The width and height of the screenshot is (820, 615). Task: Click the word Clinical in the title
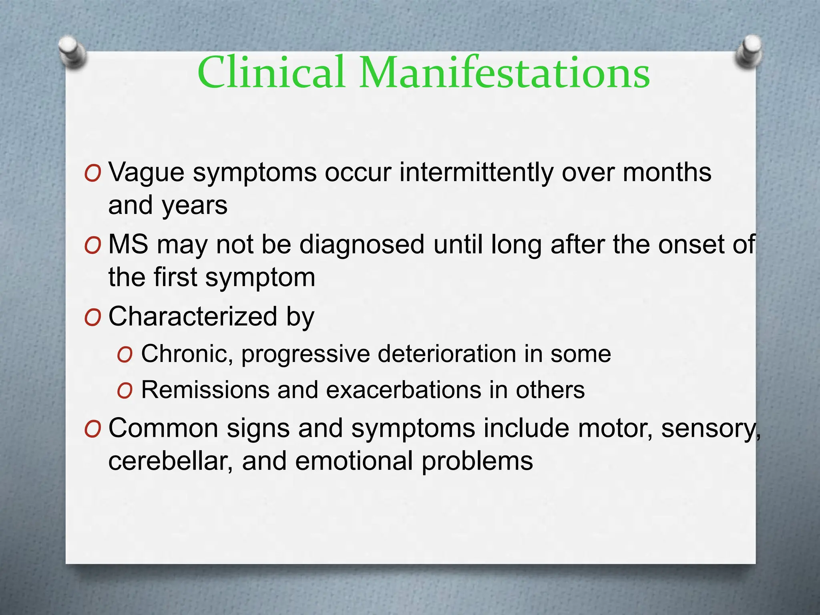pos(271,72)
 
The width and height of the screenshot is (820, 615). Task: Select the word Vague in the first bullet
pos(146,173)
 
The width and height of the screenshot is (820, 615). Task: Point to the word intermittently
pos(476,173)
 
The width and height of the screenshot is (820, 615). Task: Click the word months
pos(667,173)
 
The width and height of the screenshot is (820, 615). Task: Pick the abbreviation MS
pos(128,244)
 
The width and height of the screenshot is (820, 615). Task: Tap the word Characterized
pos(193,316)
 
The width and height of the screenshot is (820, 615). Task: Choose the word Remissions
pos(205,390)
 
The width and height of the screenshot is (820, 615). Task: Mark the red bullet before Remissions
pos(125,391)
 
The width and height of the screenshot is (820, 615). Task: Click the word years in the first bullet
pos(195,206)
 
